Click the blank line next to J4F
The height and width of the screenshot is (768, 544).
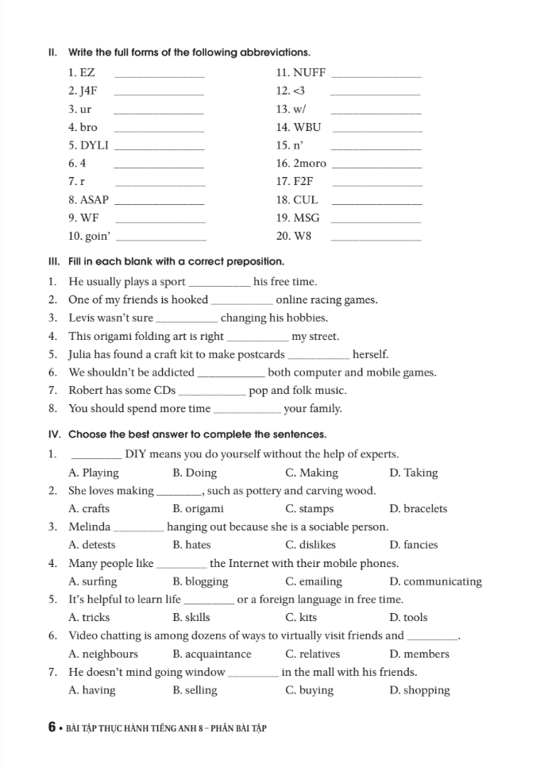160,93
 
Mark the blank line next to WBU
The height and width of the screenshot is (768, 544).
376,129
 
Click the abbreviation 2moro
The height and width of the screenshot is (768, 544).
310,164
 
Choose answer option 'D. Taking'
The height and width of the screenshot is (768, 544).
414,473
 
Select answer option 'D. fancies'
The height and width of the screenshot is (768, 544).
414,545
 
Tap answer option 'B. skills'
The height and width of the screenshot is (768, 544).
191,617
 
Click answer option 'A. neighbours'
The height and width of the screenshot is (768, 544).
103,654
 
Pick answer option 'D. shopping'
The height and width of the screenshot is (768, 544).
420,690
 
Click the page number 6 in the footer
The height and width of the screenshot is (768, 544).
52,727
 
